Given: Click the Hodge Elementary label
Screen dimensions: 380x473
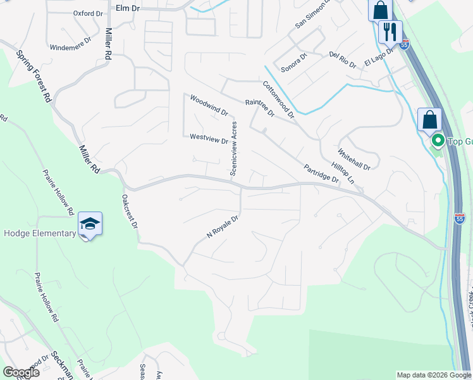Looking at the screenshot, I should tap(39, 233).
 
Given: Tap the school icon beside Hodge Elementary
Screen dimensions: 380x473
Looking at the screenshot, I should tap(90, 224).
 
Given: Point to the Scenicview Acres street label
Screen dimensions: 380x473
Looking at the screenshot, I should tap(234, 148).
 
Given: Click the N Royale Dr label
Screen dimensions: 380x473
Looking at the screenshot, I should tap(222, 228).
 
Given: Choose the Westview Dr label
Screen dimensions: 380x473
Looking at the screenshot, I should tap(209, 139).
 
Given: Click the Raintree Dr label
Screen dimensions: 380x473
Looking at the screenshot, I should tap(259, 108).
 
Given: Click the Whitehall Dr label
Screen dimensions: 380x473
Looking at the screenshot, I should tap(353, 158).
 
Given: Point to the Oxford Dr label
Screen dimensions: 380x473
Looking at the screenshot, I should tap(88, 13).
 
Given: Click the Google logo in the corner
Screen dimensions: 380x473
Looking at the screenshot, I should tap(21, 372).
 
